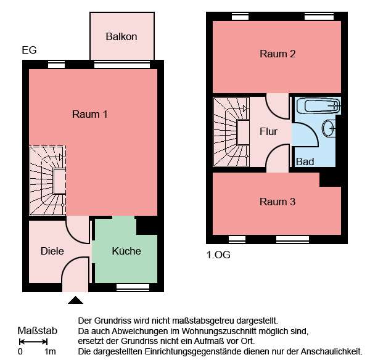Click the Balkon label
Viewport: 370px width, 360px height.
point(121,37)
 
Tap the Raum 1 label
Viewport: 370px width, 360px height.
point(90,114)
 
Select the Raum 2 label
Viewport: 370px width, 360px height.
point(277,54)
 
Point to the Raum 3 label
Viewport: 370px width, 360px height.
point(277,202)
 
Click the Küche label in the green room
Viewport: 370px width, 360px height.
point(126,251)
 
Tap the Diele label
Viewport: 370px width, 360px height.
point(52,251)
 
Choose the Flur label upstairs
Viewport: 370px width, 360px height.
point(268,131)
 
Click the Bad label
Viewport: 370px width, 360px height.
point(305,162)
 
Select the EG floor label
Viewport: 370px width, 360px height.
point(28,50)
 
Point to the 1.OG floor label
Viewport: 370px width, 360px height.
point(218,253)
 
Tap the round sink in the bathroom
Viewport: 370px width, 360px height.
point(329,129)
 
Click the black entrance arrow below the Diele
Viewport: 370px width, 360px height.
point(75,300)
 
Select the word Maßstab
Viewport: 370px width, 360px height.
point(37,331)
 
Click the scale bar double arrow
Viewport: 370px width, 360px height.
point(33,341)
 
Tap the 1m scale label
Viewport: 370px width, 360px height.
point(50,352)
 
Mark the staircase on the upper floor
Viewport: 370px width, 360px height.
point(231,131)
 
